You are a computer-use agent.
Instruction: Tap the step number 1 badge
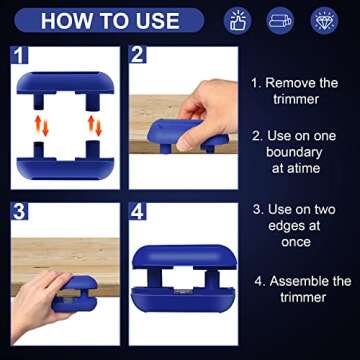click(x=21, y=56)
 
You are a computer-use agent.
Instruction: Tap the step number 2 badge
click(x=140, y=56)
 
